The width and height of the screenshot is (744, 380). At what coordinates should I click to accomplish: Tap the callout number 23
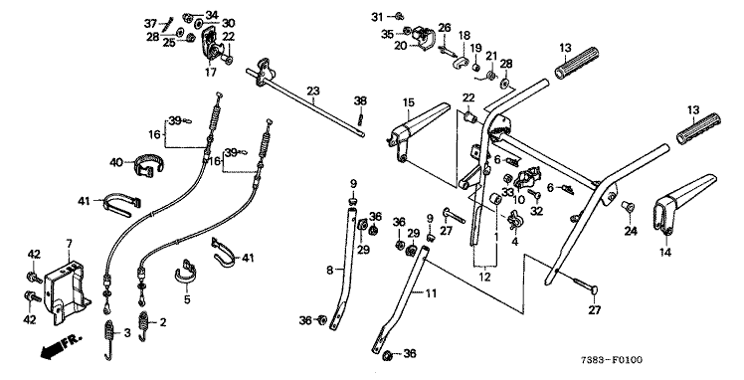pyautogui.click(x=313, y=91)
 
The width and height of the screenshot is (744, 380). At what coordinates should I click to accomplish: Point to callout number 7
pyautogui.click(x=70, y=244)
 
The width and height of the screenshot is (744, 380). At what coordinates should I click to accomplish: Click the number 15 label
pyautogui.click(x=409, y=102)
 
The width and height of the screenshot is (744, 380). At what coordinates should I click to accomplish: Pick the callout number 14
pyautogui.click(x=665, y=253)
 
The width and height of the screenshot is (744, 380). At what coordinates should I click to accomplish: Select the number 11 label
pyautogui.click(x=431, y=293)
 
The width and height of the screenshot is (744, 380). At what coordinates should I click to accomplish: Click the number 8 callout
pyautogui.click(x=330, y=271)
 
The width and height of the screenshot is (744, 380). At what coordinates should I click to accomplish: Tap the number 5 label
pyautogui.click(x=187, y=299)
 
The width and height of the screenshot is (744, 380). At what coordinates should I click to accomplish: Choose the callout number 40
pyautogui.click(x=116, y=162)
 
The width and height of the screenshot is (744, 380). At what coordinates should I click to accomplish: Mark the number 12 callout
pyautogui.click(x=484, y=277)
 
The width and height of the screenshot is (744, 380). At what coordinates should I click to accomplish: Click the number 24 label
pyautogui.click(x=631, y=232)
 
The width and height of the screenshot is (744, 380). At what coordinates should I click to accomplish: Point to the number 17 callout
pyautogui.click(x=211, y=72)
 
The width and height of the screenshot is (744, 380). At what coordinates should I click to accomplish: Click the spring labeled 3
pyautogui.click(x=108, y=339)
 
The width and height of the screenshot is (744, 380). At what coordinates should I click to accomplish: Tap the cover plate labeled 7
pyautogui.click(x=66, y=294)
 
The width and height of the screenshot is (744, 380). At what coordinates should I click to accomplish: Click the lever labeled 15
pyautogui.click(x=418, y=128)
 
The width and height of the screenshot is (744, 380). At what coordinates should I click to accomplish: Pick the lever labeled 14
pyautogui.click(x=683, y=202)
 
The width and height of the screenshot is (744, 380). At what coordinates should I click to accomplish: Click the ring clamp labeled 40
pyautogui.click(x=147, y=165)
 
